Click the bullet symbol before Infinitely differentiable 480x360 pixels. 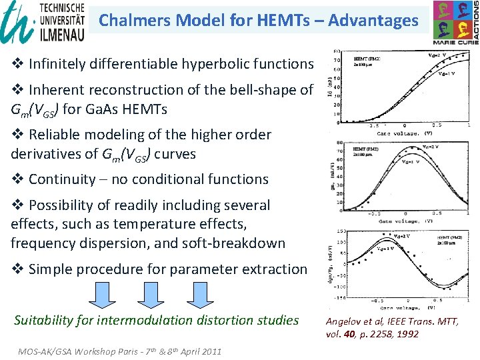coord(18,65)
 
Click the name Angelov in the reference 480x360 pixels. coord(345,321)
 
